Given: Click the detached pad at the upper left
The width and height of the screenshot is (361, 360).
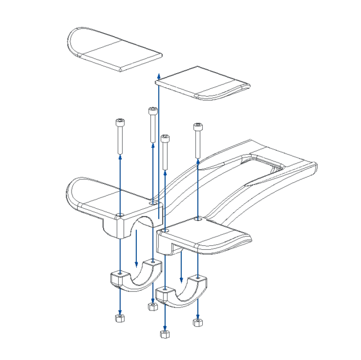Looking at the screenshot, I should (x=113, y=49).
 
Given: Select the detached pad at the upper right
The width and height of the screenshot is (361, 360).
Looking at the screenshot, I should (x=203, y=83).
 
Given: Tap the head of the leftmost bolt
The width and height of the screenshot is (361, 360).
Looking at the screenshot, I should (x=119, y=122).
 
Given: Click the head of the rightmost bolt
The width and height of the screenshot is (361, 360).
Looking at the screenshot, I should (x=197, y=126).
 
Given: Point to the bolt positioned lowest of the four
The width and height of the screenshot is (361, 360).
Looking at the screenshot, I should (x=165, y=138).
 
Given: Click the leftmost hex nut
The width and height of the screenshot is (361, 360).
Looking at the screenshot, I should (x=119, y=318).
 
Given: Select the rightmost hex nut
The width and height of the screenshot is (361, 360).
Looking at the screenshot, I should (x=197, y=322).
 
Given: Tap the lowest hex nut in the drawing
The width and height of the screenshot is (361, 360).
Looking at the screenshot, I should (x=164, y=334).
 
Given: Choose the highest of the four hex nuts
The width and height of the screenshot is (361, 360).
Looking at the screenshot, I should (x=151, y=307).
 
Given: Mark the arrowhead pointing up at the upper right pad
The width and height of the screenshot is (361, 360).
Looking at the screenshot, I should (x=159, y=75).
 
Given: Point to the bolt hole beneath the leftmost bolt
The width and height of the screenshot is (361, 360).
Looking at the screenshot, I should (x=120, y=214).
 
